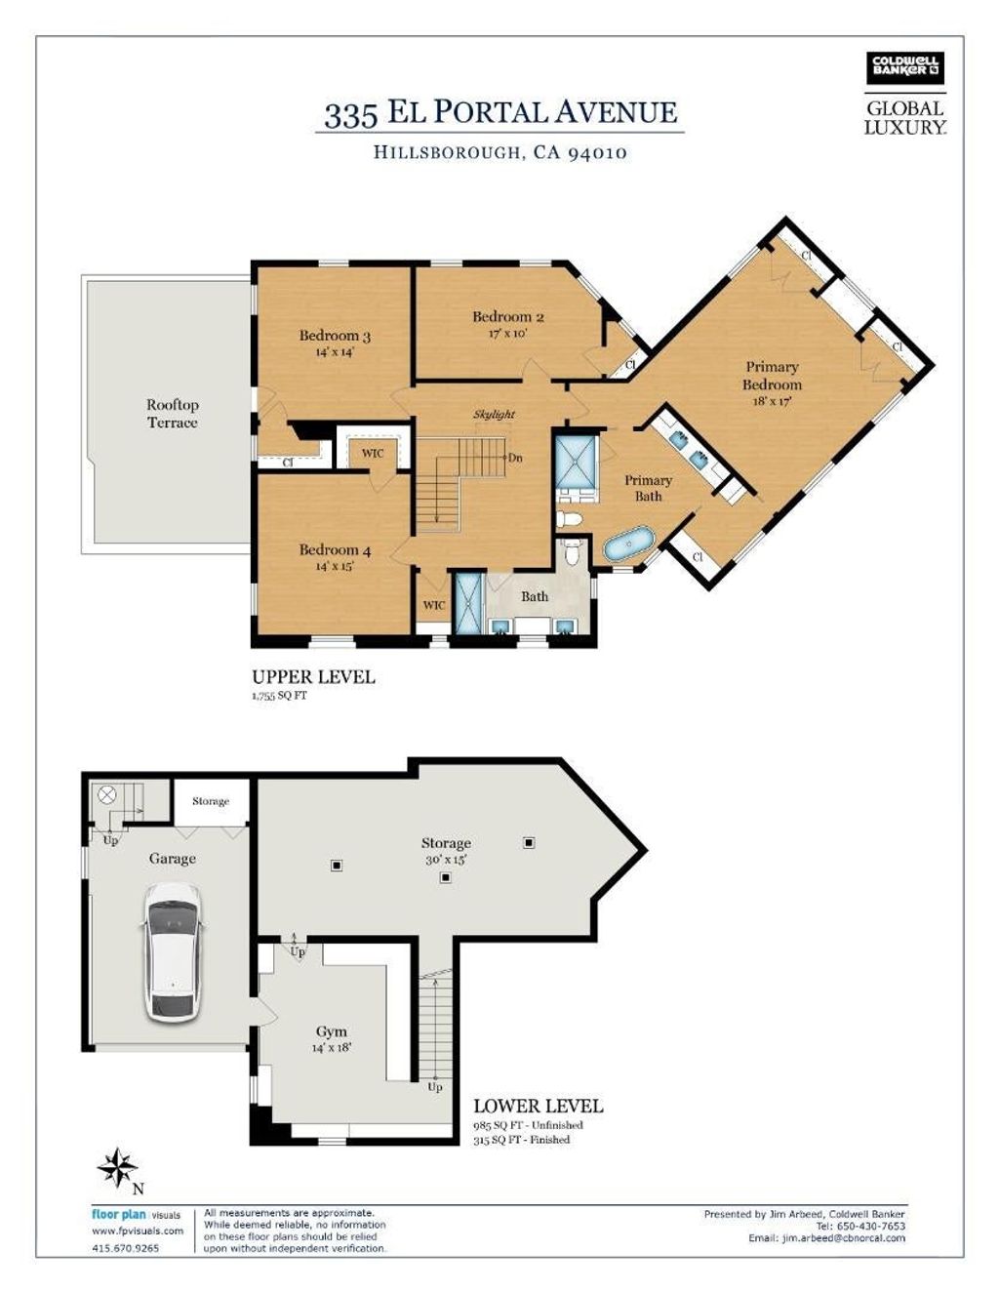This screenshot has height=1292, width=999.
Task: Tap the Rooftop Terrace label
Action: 173,414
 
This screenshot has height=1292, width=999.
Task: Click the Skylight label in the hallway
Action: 494,414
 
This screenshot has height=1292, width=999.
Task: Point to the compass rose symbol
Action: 118,1168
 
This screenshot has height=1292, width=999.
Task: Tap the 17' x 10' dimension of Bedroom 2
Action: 507,333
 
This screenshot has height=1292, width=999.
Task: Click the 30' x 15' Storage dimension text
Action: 446,859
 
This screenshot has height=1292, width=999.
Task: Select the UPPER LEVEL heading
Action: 313,677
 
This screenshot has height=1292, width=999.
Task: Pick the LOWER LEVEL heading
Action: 538,1106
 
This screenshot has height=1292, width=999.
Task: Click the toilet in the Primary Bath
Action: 570,519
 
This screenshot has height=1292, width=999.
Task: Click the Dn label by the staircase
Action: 515,458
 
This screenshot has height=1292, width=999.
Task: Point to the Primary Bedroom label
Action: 772,375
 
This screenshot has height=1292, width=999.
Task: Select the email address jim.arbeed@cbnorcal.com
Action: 827,1238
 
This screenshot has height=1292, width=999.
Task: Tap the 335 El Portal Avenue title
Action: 499,113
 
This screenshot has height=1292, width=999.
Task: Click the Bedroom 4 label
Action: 335,550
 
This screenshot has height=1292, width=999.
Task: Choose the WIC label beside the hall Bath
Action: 434,605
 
